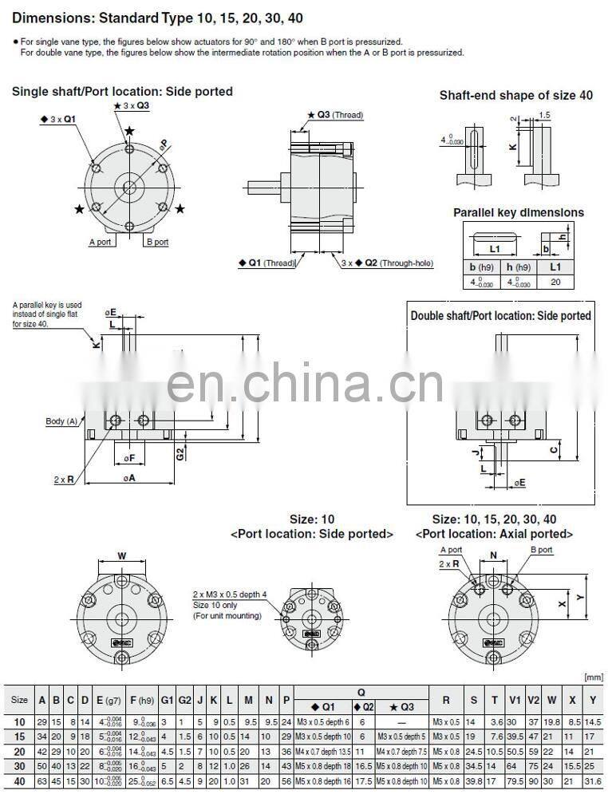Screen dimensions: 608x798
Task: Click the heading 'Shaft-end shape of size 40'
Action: [516, 95]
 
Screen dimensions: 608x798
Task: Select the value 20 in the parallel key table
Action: [555, 282]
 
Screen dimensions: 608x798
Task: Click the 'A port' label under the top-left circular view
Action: [101, 242]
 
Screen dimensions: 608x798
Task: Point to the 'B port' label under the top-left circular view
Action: [156, 242]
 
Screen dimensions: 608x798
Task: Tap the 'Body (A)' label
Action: [61, 421]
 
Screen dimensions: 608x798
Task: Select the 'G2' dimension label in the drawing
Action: [180, 453]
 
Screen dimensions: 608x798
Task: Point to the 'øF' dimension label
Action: [128, 458]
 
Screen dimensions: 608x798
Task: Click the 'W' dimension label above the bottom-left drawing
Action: [121, 555]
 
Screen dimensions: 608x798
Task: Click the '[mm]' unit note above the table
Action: [594, 677]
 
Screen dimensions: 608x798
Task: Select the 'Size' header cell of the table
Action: [19, 700]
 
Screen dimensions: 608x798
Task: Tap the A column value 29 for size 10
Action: [41, 721]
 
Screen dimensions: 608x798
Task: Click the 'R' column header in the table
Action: [446, 700]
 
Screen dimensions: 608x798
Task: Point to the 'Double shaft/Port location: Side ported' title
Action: [501, 315]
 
